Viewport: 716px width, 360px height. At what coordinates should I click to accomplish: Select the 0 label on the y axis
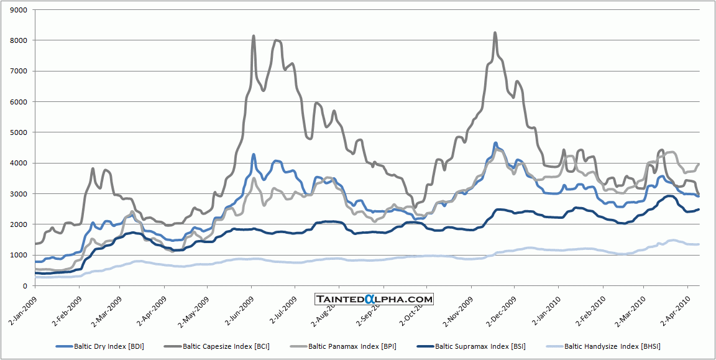[x=27, y=286]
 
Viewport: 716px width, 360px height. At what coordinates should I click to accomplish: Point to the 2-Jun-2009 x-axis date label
[x=236, y=305]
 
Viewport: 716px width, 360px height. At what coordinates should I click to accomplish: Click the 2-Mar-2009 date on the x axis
[x=105, y=305]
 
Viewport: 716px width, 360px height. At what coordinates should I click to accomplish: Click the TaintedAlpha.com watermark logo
[x=373, y=299]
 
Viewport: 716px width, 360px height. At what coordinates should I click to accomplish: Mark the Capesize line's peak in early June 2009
[x=254, y=36]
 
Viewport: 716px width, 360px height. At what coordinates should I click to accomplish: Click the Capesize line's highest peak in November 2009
[x=495, y=33]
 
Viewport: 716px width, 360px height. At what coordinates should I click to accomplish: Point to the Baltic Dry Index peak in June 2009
[x=254, y=154]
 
